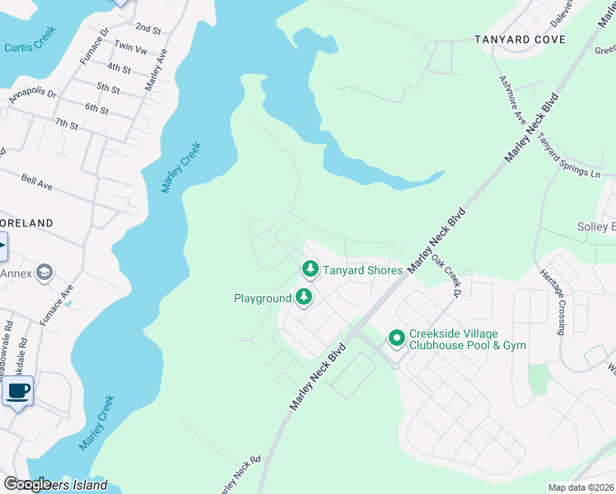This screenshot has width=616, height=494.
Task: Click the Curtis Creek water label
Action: (x=30, y=48)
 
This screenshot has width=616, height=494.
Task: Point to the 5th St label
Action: (x=108, y=86)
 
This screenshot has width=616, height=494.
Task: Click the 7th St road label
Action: (x=67, y=125)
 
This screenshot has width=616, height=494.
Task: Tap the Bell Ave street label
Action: (x=37, y=181)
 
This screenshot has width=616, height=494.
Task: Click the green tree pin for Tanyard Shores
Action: (x=310, y=269)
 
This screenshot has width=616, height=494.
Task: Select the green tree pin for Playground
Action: (x=305, y=297)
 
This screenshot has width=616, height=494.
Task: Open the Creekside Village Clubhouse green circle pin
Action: (x=396, y=338)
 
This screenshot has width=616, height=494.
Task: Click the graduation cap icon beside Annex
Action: (x=44, y=273)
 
